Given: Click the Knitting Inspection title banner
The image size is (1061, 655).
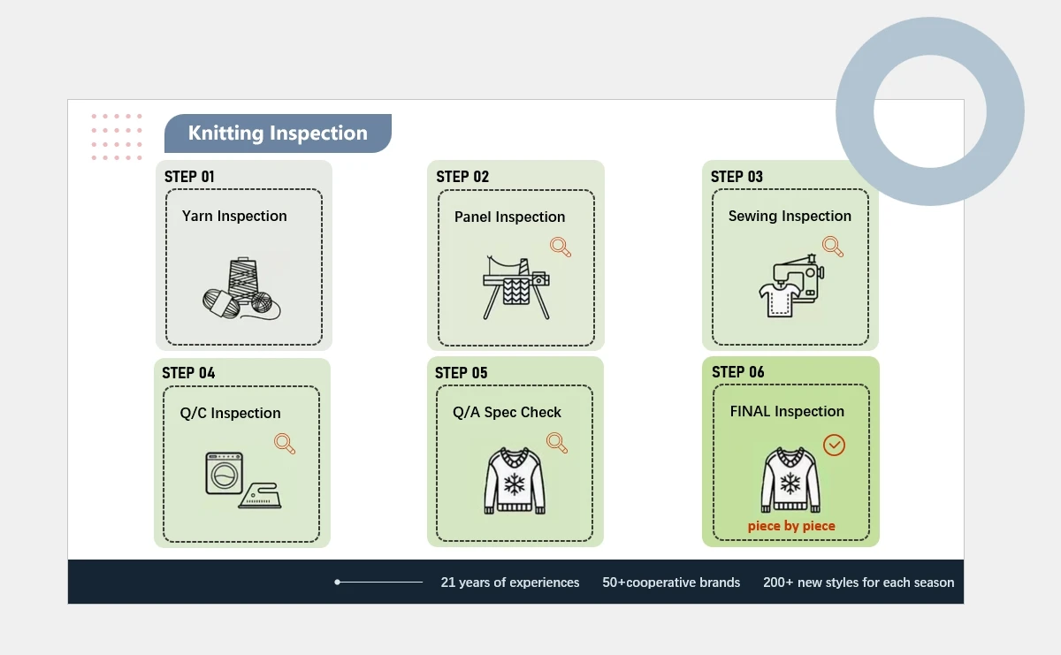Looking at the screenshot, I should click(x=278, y=133).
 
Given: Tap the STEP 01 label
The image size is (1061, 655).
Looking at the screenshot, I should click(x=189, y=177).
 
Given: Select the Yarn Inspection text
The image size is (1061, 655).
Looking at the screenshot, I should click(x=234, y=216).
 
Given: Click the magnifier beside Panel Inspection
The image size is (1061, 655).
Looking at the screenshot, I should click(x=561, y=247).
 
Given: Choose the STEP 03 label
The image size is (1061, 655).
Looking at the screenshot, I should click(x=737, y=177).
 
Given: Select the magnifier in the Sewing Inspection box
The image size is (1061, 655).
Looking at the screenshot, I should click(x=833, y=246).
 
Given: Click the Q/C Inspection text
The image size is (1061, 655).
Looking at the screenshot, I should click(x=230, y=413).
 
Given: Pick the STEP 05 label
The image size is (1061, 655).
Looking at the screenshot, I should click(x=461, y=373).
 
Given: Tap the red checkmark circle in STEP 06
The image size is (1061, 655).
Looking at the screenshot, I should click(x=834, y=445).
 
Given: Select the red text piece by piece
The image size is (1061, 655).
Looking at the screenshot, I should click(x=791, y=526).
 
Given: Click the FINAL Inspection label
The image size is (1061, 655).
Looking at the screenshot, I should click(x=787, y=411).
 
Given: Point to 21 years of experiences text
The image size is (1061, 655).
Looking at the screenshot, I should click(x=510, y=583).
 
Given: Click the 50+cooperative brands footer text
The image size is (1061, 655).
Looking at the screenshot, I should click(x=671, y=583).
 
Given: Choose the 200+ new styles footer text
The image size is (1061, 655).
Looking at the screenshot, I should click(x=859, y=583).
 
